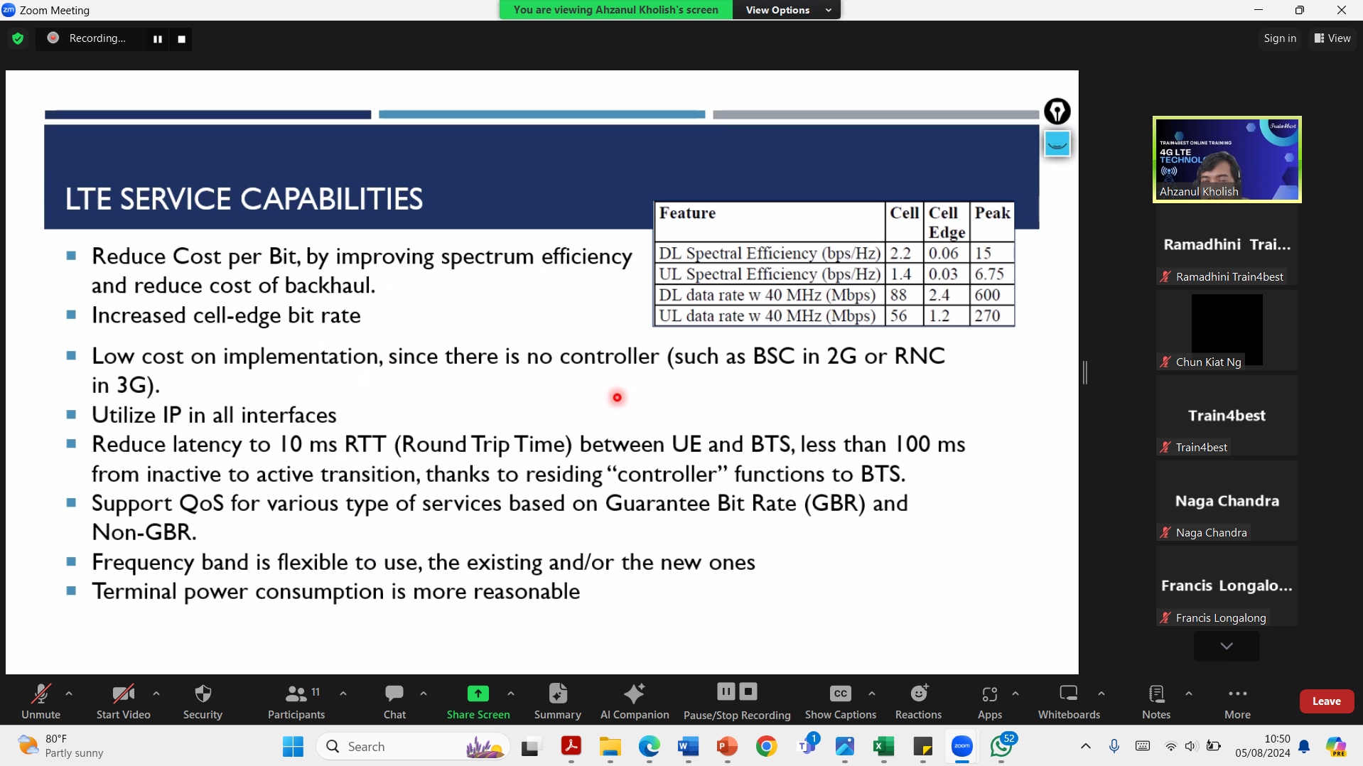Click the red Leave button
(1326, 701)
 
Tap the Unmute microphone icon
(41, 694)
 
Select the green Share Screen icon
(478, 694)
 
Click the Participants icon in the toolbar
(296, 694)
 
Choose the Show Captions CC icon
(840, 694)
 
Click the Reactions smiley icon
(919, 693)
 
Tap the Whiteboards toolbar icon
(1068, 693)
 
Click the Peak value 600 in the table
(988, 295)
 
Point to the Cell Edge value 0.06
(944, 254)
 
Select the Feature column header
(687, 212)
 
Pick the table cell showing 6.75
(989, 274)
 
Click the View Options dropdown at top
(787, 10)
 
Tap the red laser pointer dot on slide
(617, 397)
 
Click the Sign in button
(1280, 38)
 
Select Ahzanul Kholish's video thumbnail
(1227, 159)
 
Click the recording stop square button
(182, 39)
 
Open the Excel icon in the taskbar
(883, 746)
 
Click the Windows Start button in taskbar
(293, 746)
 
